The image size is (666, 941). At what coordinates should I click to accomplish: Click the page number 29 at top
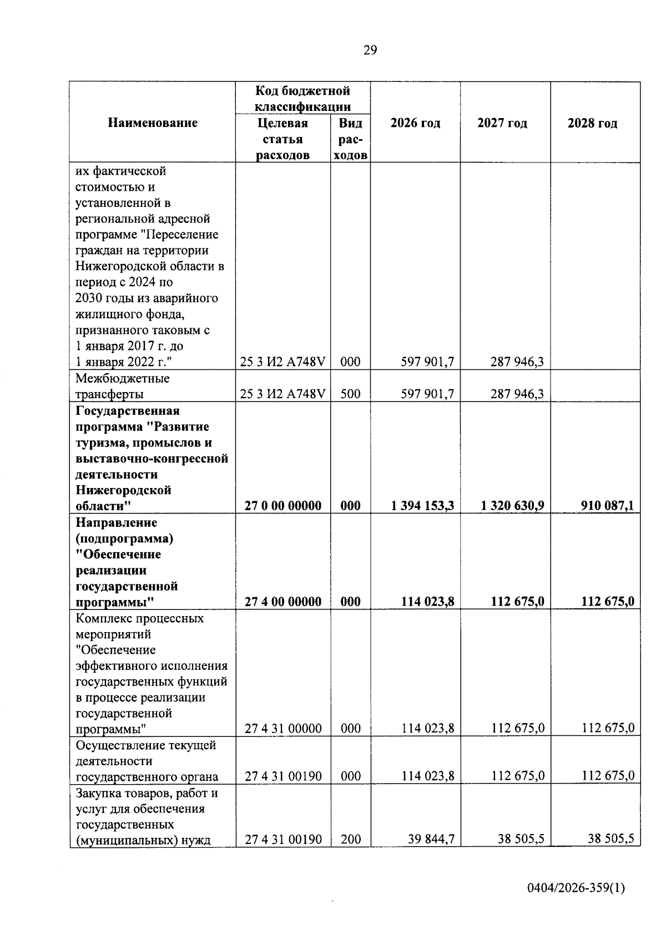370,50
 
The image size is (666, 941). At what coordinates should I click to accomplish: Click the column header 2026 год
415,123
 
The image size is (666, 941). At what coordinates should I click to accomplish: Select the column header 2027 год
502,123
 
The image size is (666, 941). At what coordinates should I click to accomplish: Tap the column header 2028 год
592,123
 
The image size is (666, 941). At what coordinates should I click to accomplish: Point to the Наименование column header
153,123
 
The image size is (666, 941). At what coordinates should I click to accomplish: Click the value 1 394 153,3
422,505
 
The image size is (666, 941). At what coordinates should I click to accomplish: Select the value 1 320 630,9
513,505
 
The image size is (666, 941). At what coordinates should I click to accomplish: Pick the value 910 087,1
607,505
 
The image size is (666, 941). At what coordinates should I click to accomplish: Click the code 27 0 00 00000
283,505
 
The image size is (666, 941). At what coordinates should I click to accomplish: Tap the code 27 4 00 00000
283,602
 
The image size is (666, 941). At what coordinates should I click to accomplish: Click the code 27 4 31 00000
283,728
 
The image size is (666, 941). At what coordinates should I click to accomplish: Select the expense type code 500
350,394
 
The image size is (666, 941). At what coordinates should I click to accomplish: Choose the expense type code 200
350,840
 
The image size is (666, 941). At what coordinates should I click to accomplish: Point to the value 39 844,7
431,840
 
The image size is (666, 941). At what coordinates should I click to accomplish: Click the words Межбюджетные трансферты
123,386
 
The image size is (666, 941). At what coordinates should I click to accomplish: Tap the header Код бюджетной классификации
302,98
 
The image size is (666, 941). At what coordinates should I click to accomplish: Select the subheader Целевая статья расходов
282,139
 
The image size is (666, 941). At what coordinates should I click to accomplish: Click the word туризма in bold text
100,442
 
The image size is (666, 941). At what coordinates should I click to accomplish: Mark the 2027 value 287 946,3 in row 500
517,394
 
